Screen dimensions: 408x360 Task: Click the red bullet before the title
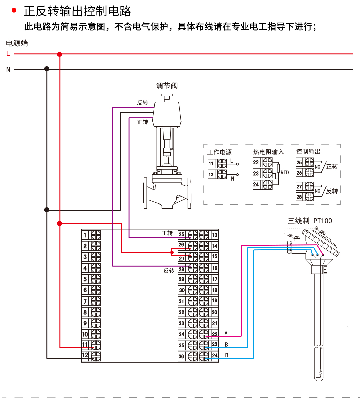point(14,10)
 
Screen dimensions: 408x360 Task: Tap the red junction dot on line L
point(60,54)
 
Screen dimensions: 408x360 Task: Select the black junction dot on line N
point(47,69)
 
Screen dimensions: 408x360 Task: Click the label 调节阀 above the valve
point(167,86)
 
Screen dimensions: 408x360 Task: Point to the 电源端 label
point(17,43)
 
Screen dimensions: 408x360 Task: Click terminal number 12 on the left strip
point(85,355)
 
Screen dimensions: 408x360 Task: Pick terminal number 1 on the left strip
point(85,235)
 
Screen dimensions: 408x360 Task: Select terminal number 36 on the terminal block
point(181,356)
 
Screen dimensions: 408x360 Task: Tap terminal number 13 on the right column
point(214,235)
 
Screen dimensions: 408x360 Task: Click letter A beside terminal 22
point(226,333)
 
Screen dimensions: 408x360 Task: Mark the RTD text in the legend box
point(285,172)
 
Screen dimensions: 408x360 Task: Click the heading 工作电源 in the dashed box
point(219,152)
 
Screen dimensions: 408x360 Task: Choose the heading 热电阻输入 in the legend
point(268,152)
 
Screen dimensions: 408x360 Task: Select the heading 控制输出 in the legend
point(308,152)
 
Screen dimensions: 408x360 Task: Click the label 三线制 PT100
point(310,221)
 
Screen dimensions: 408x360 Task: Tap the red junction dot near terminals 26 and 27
point(172,252)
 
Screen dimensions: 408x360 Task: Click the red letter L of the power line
point(8,54)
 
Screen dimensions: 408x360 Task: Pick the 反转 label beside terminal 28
point(169,271)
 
